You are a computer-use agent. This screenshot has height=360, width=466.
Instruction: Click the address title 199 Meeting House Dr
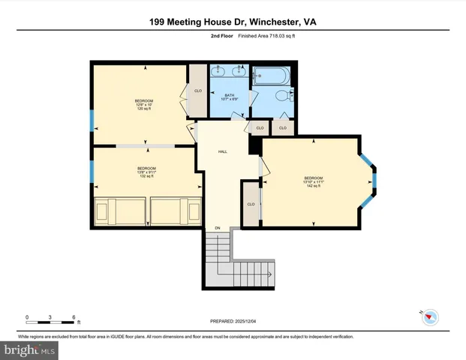[x=232, y=22]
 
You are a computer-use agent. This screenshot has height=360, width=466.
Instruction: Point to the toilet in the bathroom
[x=282, y=96]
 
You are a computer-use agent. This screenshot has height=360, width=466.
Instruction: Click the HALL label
[x=223, y=151]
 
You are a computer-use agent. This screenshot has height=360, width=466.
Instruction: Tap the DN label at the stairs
[x=218, y=228]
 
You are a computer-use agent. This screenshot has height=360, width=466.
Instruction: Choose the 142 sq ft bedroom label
[x=314, y=181]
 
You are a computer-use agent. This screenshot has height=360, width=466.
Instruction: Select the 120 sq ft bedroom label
[x=144, y=105]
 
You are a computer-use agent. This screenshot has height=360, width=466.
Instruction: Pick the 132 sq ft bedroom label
[x=146, y=172]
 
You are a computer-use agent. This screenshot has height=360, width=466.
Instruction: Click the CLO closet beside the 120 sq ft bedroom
[x=198, y=91]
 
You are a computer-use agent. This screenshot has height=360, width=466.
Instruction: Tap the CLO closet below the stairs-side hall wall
[x=251, y=204]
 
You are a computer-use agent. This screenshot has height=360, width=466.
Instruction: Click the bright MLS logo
[x=30, y=349]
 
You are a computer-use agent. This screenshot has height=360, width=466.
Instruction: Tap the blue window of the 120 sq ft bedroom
[x=92, y=121]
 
